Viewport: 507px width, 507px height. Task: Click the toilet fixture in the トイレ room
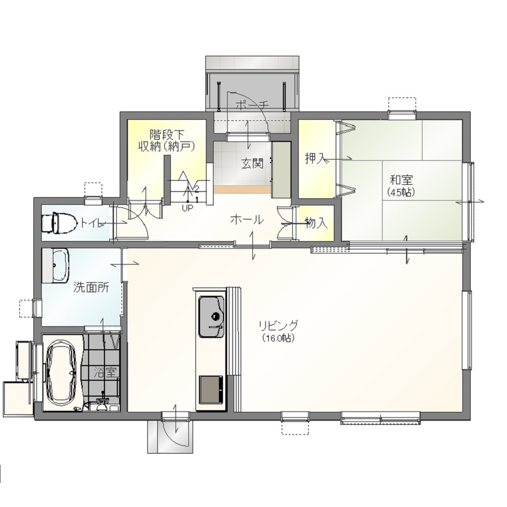[x=59, y=222]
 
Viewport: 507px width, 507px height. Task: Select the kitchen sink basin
[x=211, y=316]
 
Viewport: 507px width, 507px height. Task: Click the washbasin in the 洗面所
[x=56, y=265]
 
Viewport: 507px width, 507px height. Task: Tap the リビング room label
[x=278, y=325]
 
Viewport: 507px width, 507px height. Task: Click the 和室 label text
[x=401, y=180]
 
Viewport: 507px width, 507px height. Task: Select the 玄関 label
[x=252, y=164]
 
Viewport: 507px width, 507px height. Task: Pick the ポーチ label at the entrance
[x=252, y=105]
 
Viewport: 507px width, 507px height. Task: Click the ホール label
[x=246, y=220]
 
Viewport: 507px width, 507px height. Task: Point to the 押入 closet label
[x=315, y=158]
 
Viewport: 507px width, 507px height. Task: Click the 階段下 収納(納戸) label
[x=167, y=140]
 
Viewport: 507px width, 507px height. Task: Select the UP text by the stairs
[x=187, y=208]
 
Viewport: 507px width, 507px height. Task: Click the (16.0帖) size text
[x=278, y=339]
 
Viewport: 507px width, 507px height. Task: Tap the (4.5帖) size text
[x=401, y=192]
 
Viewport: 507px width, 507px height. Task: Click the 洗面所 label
[x=91, y=287]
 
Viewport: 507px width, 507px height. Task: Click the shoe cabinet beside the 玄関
[x=281, y=170]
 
